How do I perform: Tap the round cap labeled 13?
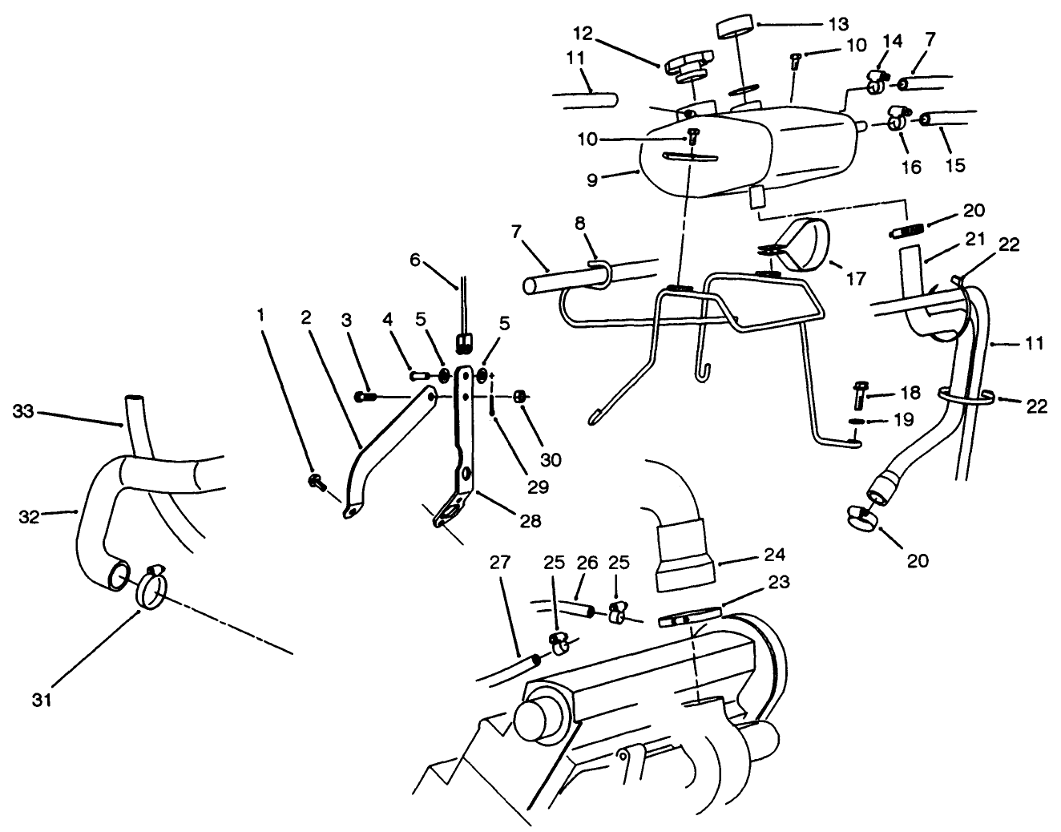[x=737, y=27]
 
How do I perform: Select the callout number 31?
[x=42, y=700]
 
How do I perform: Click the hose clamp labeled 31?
[x=154, y=589]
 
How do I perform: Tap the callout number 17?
[x=855, y=279]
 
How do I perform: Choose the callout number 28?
[x=530, y=520]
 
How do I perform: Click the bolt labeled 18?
[x=857, y=396]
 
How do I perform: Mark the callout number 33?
[x=24, y=411]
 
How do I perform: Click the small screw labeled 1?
[x=315, y=481]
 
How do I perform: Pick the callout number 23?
[x=779, y=582]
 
